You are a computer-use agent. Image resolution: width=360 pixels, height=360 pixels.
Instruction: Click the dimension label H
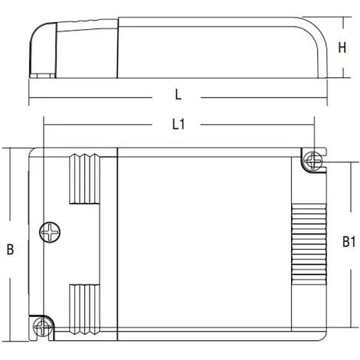(342, 47)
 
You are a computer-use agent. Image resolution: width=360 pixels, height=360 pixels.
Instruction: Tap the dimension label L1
(178, 125)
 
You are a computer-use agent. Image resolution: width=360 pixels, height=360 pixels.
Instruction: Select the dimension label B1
(349, 242)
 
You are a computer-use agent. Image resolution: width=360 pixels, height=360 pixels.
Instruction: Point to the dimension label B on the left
(10, 250)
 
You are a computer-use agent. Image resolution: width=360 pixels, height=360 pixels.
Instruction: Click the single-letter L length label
(178, 95)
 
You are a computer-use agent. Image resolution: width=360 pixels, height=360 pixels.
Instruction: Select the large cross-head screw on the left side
(50, 232)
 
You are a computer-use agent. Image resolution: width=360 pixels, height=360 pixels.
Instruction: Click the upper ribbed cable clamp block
(84, 178)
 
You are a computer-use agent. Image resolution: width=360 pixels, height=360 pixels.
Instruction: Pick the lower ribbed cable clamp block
(84, 309)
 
